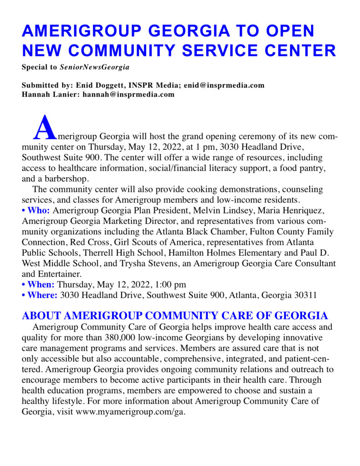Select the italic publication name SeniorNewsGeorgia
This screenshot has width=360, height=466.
point(95,67)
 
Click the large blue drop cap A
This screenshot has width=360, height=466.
point(45,128)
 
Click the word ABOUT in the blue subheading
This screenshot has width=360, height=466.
point(43,316)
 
